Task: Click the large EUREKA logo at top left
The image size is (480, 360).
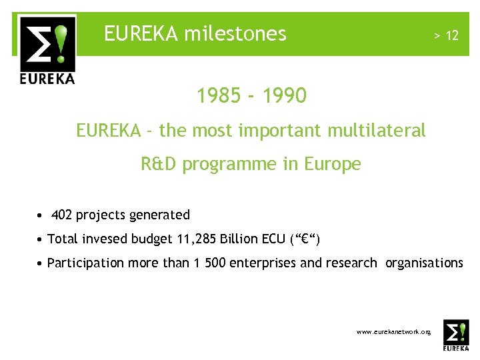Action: coord(47,51)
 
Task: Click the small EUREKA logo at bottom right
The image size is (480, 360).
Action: coord(456,335)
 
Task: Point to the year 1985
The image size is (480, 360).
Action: coord(219,96)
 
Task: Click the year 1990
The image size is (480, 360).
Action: coord(284,96)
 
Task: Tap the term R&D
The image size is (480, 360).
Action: coord(159,164)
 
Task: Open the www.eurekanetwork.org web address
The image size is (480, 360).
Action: coord(394,331)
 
